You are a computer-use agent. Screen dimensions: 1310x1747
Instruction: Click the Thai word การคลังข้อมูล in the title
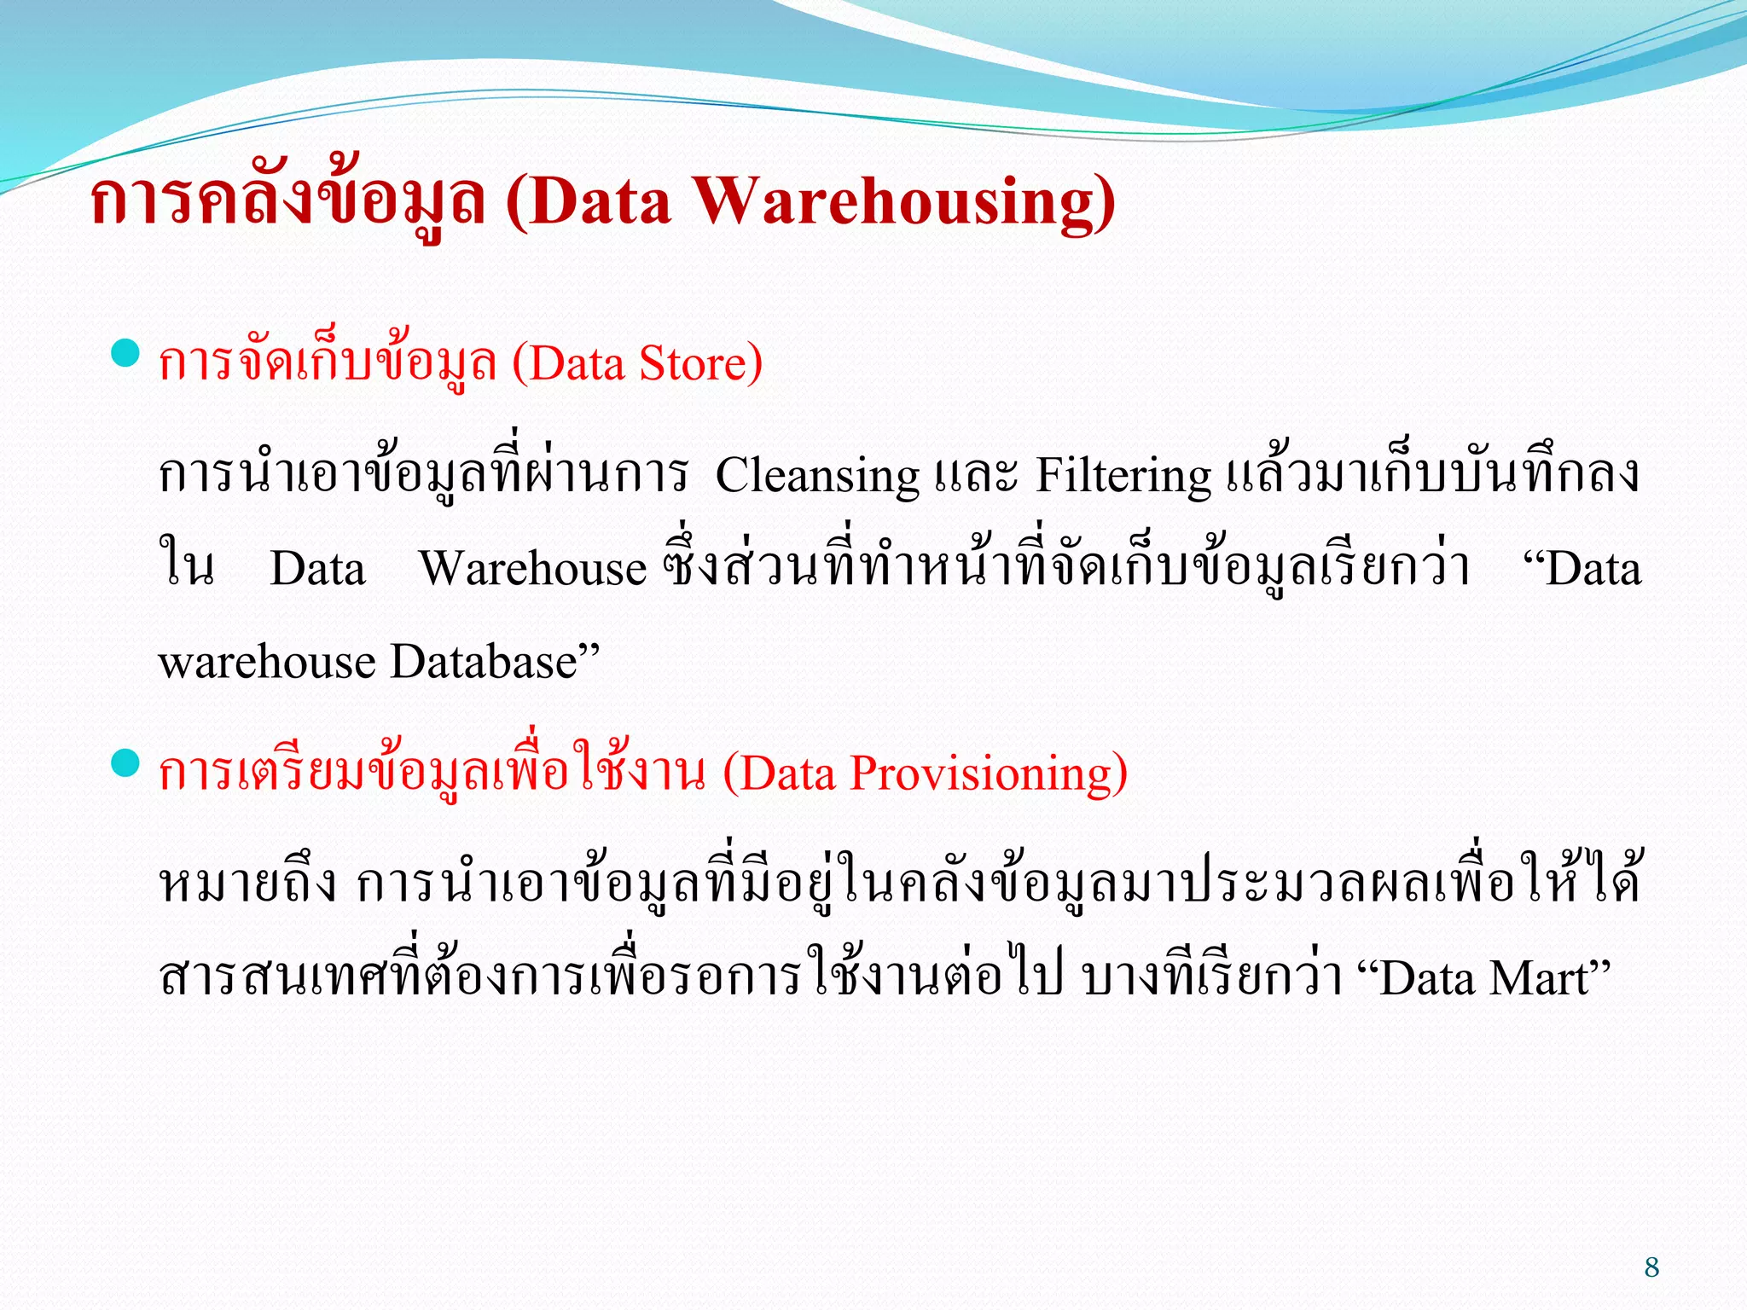tap(287, 202)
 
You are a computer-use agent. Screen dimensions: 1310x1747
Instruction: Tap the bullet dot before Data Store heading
tap(125, 353)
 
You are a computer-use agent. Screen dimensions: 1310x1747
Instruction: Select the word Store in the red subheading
tap(693, 364)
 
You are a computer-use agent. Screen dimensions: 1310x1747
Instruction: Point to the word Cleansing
tap(817, 476)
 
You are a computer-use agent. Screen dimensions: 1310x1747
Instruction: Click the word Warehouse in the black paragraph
tap(533, 569)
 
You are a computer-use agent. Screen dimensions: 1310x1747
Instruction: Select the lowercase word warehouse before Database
tap(267, 663)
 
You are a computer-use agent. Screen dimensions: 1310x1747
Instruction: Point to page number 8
tap(1651, 1267)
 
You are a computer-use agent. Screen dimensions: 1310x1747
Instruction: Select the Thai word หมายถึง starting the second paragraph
tap(248, 885)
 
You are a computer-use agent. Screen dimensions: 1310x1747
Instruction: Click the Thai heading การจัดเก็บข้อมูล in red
tap(328, 364)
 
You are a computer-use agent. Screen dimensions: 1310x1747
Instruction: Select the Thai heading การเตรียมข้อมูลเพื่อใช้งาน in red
tap(432, 774)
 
